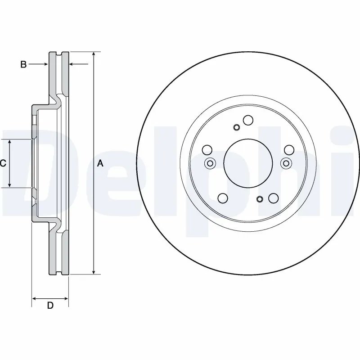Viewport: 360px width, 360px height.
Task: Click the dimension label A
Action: pyautogui.click(x=100, y=164)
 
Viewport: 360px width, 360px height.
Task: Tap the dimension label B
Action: pyautogui.click(x=23, y=65)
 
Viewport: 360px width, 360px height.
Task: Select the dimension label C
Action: pyautogui.click(x=3, y=163)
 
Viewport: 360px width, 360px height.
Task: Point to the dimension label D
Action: pyautogui.click(x=50, y=306)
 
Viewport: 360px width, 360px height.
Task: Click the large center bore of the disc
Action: pyautogui.click(x=246, y=162)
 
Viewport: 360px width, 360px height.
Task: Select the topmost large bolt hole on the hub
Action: pyautogui.click(x=248, y=120)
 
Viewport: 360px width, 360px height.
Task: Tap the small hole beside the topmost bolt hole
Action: pyautogui.click(x=236, y=127)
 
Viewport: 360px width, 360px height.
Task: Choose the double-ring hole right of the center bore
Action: pyautogui.click(x=284, y=163)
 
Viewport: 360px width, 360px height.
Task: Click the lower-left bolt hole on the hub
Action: pyautogui.click(x=222, y=198)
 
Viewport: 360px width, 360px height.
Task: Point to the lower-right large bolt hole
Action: pyautogui.click(x=272, y=198)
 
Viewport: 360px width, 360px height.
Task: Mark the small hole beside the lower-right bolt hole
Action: pyautogui.click(x=259, y=199)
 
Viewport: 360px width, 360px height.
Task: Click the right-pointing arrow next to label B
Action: pyautogui.click(x=45, y=65)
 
